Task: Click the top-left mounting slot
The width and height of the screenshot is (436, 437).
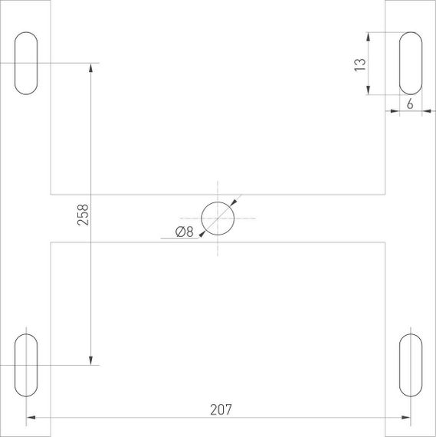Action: tap(26, 64)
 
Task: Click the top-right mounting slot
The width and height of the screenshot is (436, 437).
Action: tap(410, 64)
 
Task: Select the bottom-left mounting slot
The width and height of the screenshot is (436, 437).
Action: tap(26, 364)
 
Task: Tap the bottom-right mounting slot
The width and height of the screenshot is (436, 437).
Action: tap(410, 364)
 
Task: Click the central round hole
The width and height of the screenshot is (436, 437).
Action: tap(218, 219)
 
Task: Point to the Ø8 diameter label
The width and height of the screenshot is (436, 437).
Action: tap(184, 232)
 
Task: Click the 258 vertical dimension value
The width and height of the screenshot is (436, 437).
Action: tap(84, 214)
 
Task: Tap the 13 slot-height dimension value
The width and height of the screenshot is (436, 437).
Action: tap(359, 65)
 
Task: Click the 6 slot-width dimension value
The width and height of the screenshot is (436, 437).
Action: tap(410, 105)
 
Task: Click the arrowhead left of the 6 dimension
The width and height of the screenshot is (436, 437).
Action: tap(394, 112)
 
